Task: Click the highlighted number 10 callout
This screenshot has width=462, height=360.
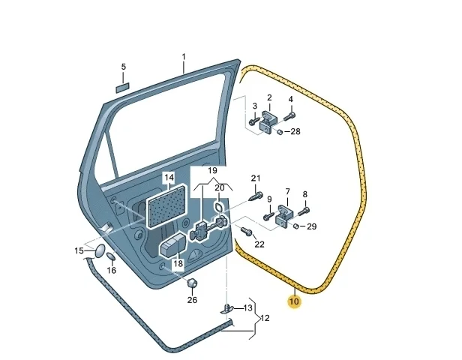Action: [294, 301]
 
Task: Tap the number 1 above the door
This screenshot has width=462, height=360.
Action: [184, 56]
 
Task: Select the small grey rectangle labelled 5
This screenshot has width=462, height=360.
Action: [122, 88]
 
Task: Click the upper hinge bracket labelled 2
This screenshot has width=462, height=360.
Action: [268, 121]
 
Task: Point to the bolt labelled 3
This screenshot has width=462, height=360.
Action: [253, 121]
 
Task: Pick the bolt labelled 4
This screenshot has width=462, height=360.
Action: [289, 116]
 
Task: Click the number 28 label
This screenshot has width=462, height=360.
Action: [295, 131]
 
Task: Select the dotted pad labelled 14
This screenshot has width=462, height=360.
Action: [167, 206]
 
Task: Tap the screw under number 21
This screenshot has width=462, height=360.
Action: [256, 196]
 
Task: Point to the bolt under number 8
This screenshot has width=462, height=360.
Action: [304, 211]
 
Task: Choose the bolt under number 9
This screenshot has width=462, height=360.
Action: [268, 217]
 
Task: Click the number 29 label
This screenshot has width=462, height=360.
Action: [311, 226]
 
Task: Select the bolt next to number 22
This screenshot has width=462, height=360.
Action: [246, 231]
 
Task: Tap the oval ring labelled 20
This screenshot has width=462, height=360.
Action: [218, 207]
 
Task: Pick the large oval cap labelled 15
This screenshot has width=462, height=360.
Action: [100, 250]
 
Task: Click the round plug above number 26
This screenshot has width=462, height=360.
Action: [193, 283]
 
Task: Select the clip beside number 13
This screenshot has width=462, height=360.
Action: [226, 309]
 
